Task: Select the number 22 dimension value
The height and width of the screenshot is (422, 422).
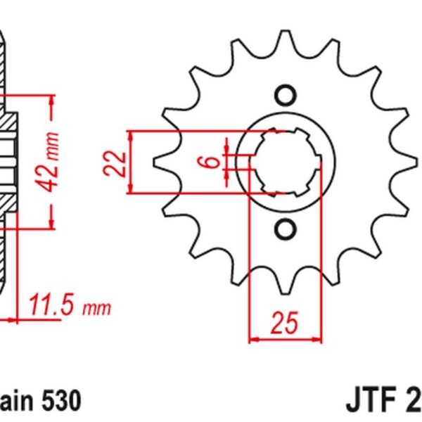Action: tap(120, 162)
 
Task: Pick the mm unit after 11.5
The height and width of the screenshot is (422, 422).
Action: tap(96, 308)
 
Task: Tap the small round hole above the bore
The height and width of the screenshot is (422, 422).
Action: tap(285, 94)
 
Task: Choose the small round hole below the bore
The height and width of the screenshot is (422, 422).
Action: tap(285, 229)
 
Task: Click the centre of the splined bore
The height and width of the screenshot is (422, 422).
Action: tap(285, 162)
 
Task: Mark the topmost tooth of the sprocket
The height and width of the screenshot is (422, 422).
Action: tap(285, 39)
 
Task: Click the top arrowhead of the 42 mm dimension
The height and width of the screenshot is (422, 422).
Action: tap(51, 101)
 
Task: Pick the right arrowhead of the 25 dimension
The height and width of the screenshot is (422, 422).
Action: tap(318, 339)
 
